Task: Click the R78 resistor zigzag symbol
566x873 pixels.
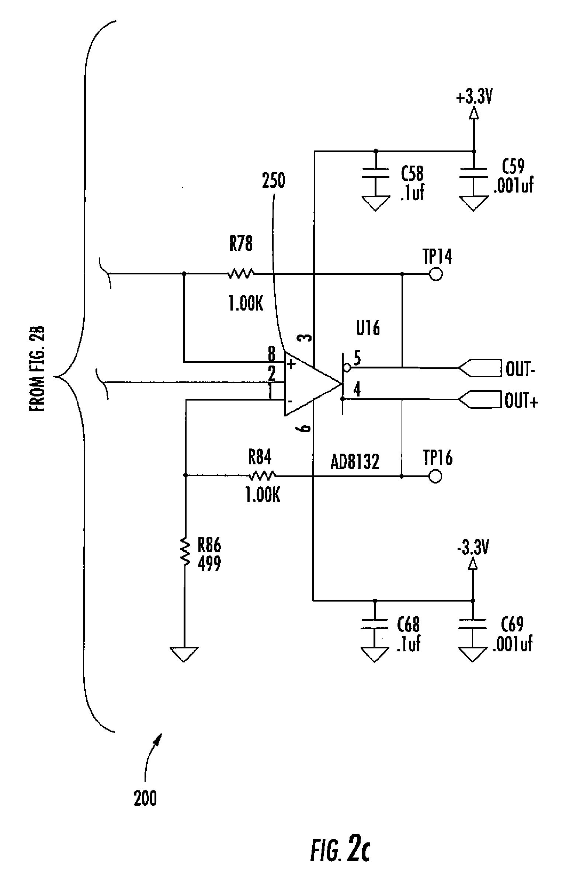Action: pos(241,274)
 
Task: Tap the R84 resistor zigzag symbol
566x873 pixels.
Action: pos(262,476)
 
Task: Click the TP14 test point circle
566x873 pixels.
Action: pos(436,274)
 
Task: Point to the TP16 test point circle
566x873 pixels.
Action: pos(435,476)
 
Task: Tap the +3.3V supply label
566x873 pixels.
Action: pos(475,98)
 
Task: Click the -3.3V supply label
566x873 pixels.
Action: pos(472,549)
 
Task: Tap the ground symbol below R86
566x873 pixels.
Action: pos(184,655)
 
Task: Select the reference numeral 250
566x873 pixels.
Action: pos(273,181)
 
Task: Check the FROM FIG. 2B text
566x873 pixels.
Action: pos(37,369)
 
